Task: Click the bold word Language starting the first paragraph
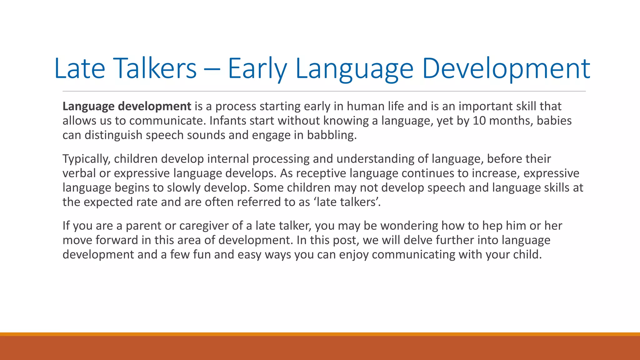(x=88, y=107)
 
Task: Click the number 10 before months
(x=479, y=121)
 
